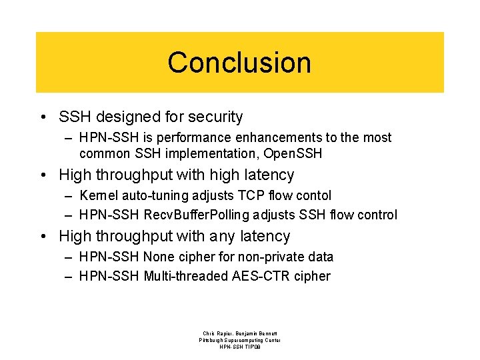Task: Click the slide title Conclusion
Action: (x=239, y=63)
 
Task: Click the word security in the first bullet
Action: (x=215, y=117)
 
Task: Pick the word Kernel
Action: (x=97, y=195)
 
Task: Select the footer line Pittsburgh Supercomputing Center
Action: (x=240, y=340)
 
